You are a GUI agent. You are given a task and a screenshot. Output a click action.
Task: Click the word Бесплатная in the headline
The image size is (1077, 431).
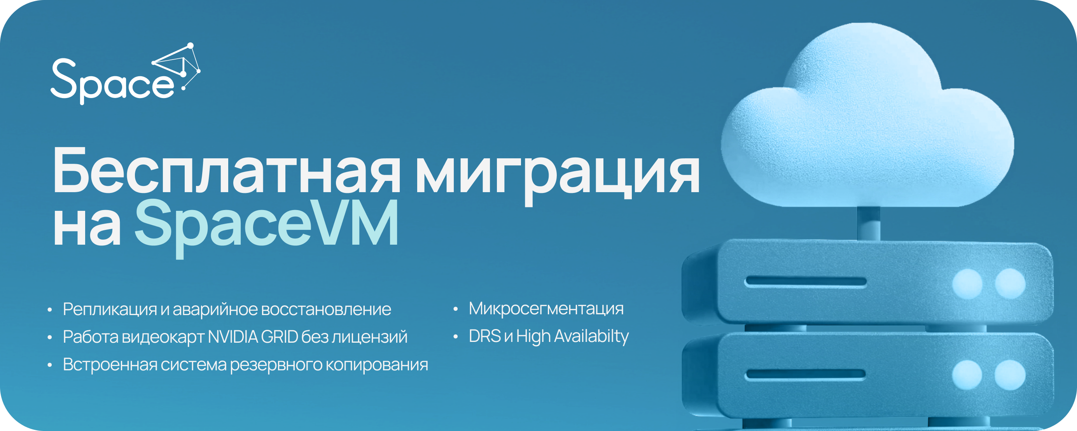click(226, 171)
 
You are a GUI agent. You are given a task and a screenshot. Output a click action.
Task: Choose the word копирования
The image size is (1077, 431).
click(377, 365)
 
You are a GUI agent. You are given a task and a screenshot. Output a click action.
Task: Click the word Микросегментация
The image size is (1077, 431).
click(546, 309)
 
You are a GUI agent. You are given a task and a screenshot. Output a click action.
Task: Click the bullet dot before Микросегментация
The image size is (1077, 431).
click(456, 310)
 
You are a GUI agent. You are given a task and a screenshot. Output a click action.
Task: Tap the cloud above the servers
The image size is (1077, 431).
click(867, 117)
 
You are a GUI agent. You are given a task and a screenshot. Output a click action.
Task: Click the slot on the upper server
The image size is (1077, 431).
click(805, 282)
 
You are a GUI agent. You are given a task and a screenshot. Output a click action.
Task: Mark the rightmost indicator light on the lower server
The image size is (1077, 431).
click(1010, 375)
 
